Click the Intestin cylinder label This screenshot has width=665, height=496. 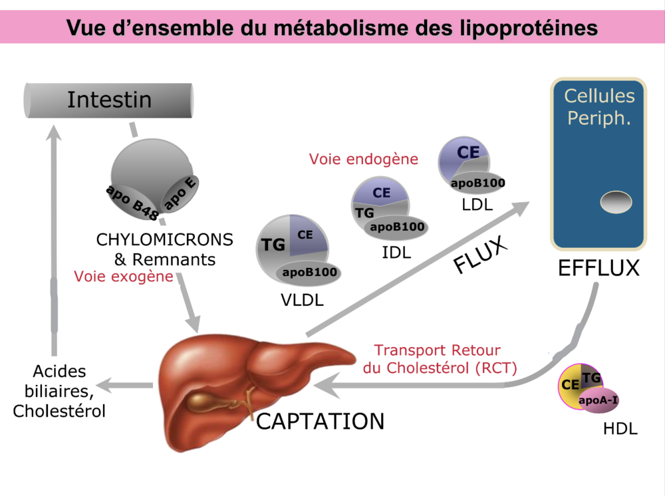109,100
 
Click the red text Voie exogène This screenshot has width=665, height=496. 124,276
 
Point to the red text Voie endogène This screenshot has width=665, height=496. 363,159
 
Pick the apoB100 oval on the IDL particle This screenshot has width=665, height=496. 397,227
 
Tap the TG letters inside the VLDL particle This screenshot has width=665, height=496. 273,245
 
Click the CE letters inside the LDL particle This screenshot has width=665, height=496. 468,152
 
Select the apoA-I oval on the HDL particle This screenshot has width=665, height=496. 598,400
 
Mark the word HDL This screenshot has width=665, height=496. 620,429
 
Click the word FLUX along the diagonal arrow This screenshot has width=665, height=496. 480,255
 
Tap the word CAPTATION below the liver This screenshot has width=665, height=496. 321,422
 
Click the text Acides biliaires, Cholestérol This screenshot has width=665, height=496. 59,392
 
